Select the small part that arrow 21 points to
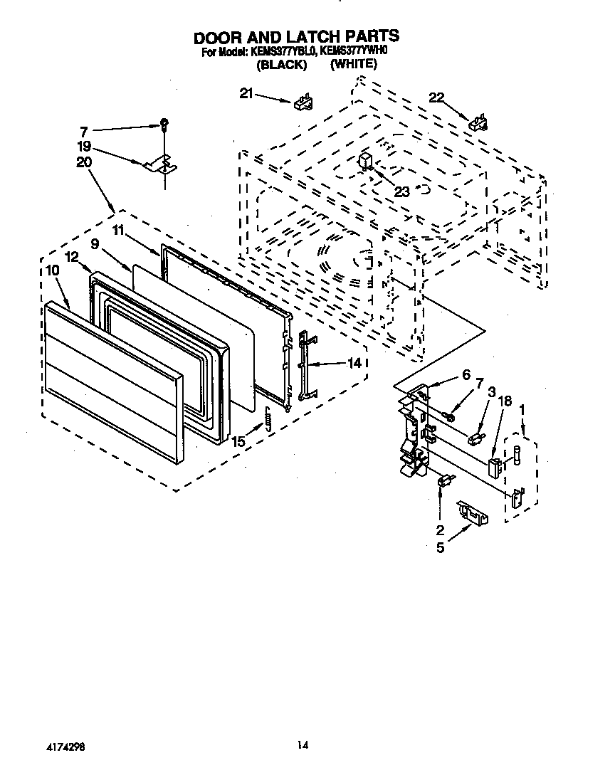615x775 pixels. [x=303, y=102]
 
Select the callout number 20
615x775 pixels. [x=84, y=162]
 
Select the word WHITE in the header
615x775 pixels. [x=354, y=64]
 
